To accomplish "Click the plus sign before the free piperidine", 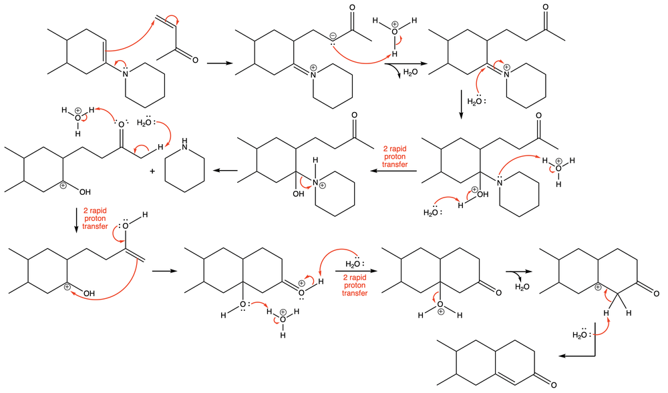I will pos(152,171).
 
